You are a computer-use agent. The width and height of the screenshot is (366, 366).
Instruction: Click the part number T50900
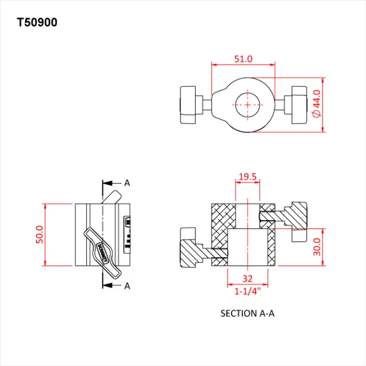37,23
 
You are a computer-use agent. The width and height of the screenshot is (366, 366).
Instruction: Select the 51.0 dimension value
244,59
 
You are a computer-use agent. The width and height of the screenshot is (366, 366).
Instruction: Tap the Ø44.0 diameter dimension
316,104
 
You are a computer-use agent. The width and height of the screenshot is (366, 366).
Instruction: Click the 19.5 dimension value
247,177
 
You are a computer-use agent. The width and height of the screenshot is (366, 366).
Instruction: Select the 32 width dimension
248,279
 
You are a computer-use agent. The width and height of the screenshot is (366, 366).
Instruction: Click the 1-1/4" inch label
248,291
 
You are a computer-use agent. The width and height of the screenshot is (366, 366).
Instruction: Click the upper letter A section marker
127,183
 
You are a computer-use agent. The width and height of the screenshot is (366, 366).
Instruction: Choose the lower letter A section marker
127,285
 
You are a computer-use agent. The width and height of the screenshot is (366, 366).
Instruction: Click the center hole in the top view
247,105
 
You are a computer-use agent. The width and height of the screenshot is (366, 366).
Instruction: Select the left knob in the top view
189,105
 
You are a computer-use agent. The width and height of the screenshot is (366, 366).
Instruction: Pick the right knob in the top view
299,105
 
